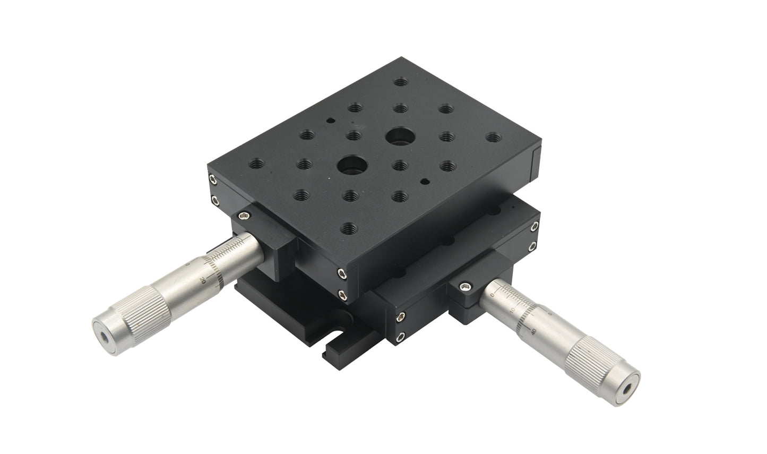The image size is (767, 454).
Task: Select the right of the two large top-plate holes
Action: click(x=398, y=136)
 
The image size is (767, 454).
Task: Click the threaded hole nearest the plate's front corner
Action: click(x=348, y=228)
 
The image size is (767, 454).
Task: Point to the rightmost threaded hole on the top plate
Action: click(x=493, y=138)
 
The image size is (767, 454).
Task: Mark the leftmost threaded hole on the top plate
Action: click(x=258, y=162)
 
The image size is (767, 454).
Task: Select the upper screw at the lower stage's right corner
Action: click(x=533, y=228)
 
